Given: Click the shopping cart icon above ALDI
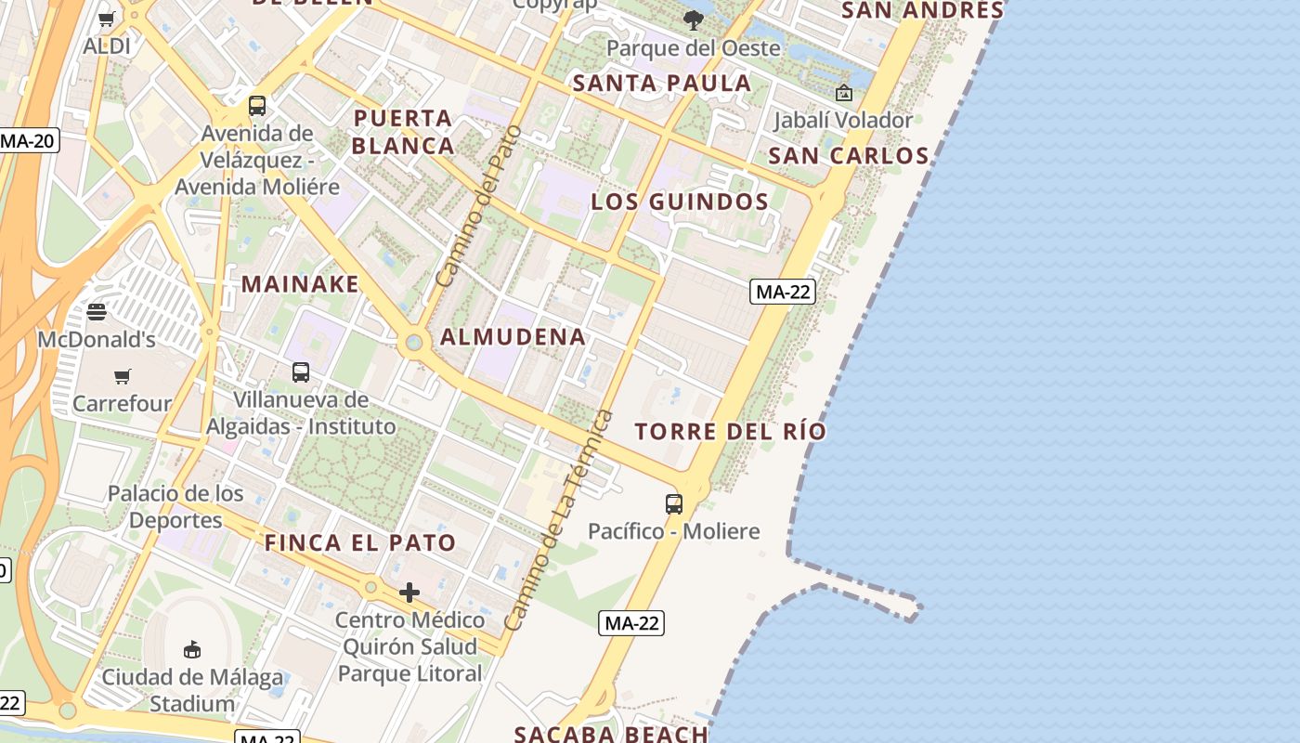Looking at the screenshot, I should click(x=107, y=19).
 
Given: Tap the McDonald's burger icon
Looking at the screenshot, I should click(x=97, y=312).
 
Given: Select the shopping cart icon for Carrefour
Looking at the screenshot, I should click(x=123, y=376).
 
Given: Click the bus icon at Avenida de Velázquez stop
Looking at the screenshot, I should click(x=257, y=106).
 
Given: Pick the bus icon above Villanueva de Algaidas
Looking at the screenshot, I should click(x=301, y=372).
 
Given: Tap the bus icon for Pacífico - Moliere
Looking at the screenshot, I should click(x=674, y=504).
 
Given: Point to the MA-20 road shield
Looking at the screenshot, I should click(x=28, y=141).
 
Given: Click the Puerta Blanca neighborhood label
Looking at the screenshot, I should click(x=403, y=132).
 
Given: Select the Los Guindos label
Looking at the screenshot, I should click(x=681, y=202).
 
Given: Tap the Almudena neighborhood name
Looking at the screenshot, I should click(x=513, y=337).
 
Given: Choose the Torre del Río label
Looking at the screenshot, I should click(x=730, y=431).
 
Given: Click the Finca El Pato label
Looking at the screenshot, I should click(x=360, y=542).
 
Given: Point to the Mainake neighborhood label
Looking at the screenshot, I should click(x=300, y=284).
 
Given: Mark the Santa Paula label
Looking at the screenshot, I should click(x=661, y=83).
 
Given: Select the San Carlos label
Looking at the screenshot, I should click(x=848, y=155).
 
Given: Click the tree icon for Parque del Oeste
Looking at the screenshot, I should click(x=693, y=20).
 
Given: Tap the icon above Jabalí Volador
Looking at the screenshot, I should click(x=843, y=93).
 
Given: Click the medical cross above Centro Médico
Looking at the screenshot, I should click(x=409, y=593).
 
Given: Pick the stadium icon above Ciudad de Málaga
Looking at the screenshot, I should click(x=192, y=649).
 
